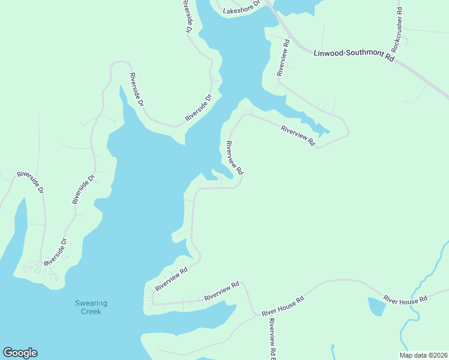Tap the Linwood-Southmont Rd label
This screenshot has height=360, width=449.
(x=354, y=55)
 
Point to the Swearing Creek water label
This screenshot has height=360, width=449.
(x=88, y=307)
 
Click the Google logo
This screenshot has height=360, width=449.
(x=20, y=353)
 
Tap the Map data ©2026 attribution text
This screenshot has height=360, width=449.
(x=424, y=355)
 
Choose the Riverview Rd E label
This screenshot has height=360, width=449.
(x=272, y=339)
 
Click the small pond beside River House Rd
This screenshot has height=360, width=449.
(x=376, y=307)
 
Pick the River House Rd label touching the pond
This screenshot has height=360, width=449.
(x=405, y=299)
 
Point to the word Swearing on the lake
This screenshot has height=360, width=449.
(x=88, y=303)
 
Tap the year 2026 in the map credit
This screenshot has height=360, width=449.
(x=439, y=355)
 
